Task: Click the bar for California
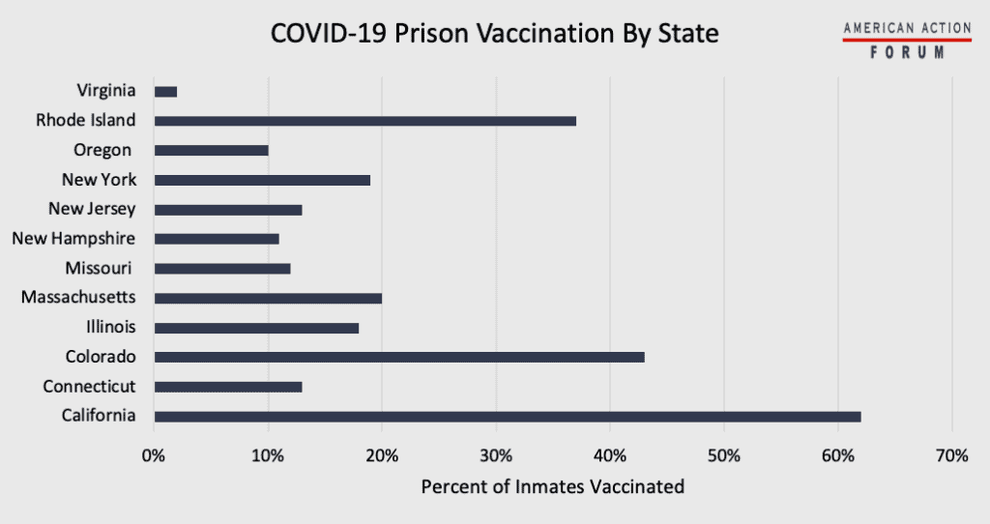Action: coord(507,417)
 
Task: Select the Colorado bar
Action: coord(399,357)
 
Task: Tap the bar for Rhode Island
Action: coord(365,121)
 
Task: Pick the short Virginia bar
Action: coord(165,91)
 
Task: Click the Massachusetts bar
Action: coord(268,298)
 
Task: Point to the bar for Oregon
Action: coord(211,151)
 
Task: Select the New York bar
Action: coord(262,180)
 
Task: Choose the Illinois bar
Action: coord(256,328)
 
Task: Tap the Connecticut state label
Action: coord(89,387)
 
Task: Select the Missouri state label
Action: coord(100,269)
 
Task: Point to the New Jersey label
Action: coord(92,209)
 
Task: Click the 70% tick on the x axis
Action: coord(952,454)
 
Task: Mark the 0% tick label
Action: coord(153,454)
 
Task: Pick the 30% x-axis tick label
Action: coord(496,454)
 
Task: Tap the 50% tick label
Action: coord(724,454)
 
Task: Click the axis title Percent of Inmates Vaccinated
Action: coord(552,486)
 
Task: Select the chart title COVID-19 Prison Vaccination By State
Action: coord(494,34)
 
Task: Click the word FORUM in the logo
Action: coord(907,53)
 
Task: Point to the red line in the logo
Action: coord(907,41)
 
